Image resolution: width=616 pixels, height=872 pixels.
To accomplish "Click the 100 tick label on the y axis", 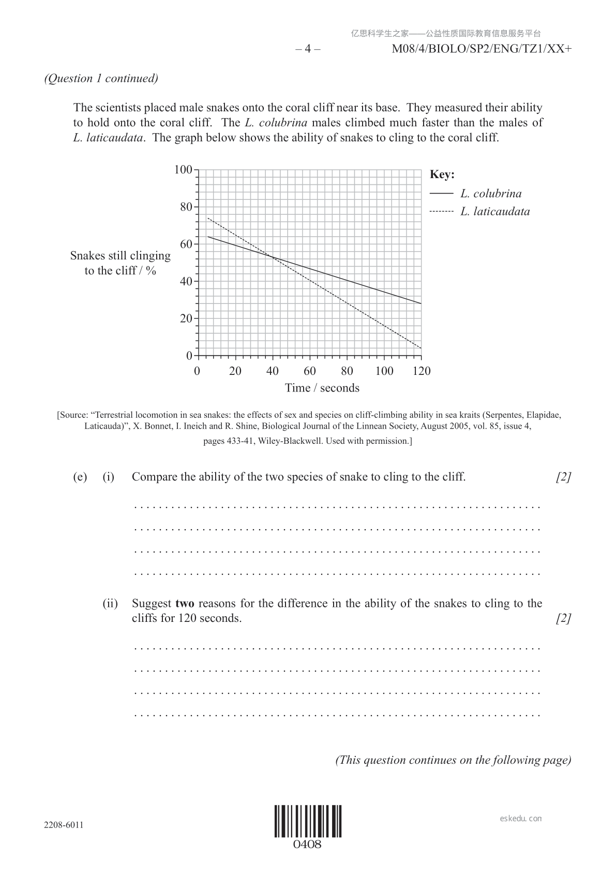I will click(183, 169).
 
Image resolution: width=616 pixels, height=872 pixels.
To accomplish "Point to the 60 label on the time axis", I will click(310, 371).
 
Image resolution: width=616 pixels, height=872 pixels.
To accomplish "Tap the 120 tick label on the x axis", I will click(422, 371).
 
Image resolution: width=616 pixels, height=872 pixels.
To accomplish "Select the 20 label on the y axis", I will click(186, 318).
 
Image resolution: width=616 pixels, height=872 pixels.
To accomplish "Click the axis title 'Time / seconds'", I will click(322, 388).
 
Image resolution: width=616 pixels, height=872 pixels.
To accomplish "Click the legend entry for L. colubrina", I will click(491, 194).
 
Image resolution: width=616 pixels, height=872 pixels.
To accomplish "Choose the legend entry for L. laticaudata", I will click(495, 211).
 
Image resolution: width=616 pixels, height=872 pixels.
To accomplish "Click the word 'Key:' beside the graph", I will click(442, 175).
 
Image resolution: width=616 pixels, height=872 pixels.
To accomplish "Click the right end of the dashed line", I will click(421, 348).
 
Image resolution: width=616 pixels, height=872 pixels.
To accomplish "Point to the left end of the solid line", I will click(208, 237).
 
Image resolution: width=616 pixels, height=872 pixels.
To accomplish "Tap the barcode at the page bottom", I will click(308, 821).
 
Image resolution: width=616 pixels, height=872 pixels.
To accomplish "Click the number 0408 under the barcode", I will click(308, 845).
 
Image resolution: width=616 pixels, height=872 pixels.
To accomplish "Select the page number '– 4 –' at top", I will click(308, 49).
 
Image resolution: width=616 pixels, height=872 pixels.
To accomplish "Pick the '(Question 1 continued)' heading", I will click(101, 78).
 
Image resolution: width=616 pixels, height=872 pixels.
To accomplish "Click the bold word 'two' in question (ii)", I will click(185, 603).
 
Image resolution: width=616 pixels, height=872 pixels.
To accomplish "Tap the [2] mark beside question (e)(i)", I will click(563, 477).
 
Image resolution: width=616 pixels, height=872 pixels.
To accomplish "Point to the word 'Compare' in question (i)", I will click(154, 477).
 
